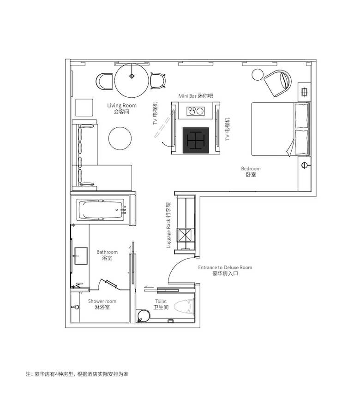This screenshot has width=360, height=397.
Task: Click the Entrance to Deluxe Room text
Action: [225, 267]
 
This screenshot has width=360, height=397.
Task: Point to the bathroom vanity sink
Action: [81, 256]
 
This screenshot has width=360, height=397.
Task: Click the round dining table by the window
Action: [132, 81]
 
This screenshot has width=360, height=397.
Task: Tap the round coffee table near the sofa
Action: [120, 138]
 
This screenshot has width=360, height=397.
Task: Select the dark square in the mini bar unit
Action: [196, 140]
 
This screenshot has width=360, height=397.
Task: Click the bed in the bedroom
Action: [281, 129]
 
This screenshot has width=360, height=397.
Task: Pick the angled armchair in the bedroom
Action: [278, 83]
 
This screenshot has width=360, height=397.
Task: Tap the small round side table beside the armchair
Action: [258, 75]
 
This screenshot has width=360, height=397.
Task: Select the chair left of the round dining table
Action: [104, 81]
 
